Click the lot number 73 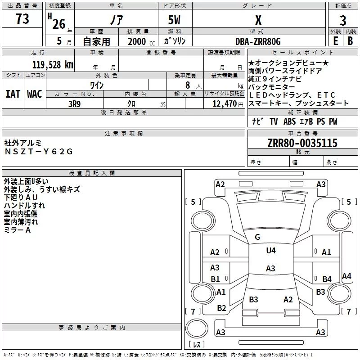coord(22,19)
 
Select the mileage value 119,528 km coord(53,65)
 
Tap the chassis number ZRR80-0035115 coord(302,143)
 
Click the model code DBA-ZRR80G coord(258,41)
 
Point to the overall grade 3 coord(343,21)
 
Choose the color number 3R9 coord(74,104)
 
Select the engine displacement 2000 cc coord(141,41)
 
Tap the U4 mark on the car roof coord(271,251)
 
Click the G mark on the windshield coord(257,237)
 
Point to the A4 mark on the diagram coord(346,276)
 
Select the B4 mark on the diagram coord(327,279)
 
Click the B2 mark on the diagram coord(221,308)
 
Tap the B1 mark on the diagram coord(215,279)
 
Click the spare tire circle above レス coord(197,328)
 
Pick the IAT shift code coord(13,94)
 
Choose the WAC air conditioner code coord(35,94)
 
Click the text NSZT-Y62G coord(39,152)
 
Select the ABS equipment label coord(289,121)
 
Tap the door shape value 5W coord(174,20)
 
